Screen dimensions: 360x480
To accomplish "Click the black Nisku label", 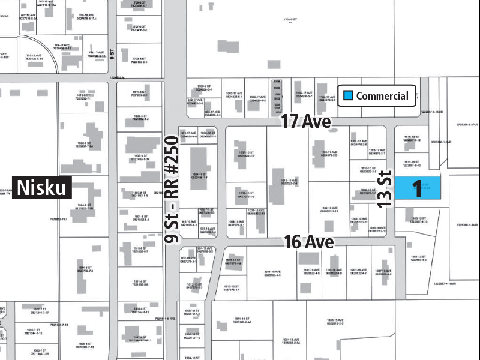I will point(42,188).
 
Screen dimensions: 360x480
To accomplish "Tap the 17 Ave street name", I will point(307,122).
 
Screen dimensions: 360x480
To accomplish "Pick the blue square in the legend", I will point(347,95).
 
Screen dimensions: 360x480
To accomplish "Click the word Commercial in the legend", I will point(382,96).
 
